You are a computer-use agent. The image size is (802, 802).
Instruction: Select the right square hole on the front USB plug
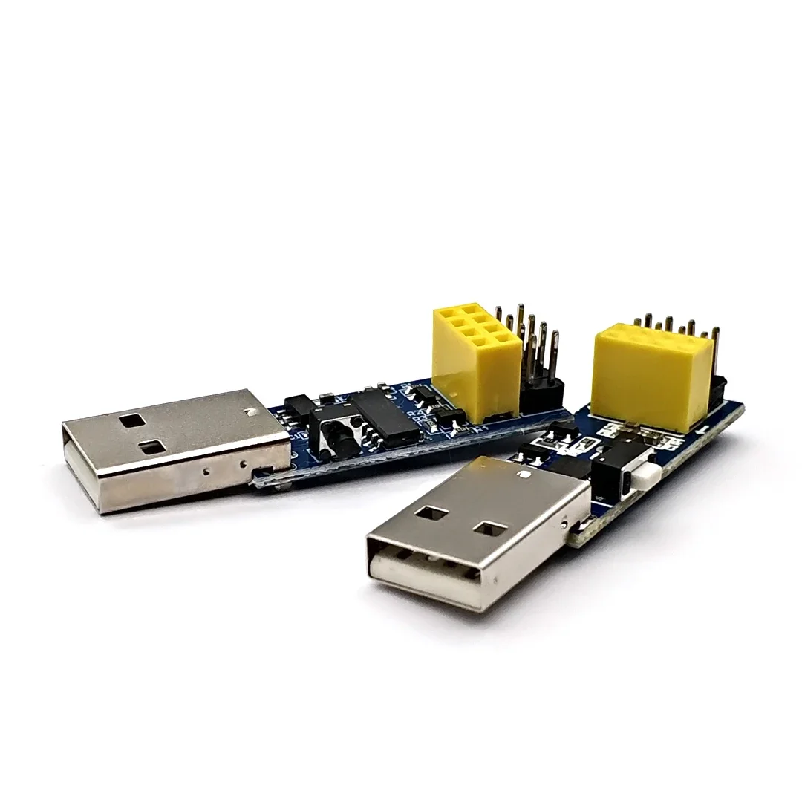(489, 528)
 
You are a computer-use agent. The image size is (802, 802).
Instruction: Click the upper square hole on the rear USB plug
(133, 420)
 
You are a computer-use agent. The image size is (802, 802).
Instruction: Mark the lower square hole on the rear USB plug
(154, 446)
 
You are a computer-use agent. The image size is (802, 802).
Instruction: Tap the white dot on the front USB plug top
(526, 472)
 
